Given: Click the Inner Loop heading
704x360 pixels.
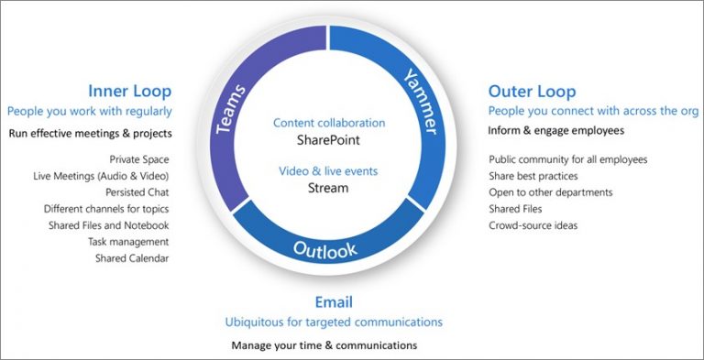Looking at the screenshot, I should tap(129, 91).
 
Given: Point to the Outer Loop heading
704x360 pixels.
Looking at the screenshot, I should tap(532, 91).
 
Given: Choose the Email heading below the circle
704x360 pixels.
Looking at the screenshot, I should tap(334, 302).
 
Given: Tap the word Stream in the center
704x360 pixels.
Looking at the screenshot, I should tap(328, 189).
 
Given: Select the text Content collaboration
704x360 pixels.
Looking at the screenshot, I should tap(329, 123).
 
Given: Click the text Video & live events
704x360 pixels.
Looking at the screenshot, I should tap(328, 171).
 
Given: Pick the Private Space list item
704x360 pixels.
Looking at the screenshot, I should tap(138, 159).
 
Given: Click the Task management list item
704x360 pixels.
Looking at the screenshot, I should tap(128, 242).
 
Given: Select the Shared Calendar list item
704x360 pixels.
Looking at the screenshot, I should tap(132, 258).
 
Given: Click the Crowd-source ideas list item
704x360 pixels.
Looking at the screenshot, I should tap(533, 225).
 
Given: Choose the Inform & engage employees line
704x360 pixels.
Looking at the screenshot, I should tap(555, 130).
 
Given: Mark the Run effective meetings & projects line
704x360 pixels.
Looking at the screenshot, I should tap(90, 133).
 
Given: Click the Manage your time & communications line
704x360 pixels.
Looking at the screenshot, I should tap(324, 345).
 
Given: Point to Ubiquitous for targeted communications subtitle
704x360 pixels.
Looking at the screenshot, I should tap(334, 322).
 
